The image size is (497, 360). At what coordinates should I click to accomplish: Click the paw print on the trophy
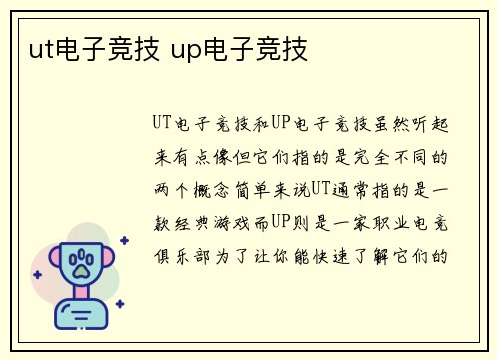(x=82, y=263)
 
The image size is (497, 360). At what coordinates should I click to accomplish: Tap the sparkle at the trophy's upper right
(x=124, y=240)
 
